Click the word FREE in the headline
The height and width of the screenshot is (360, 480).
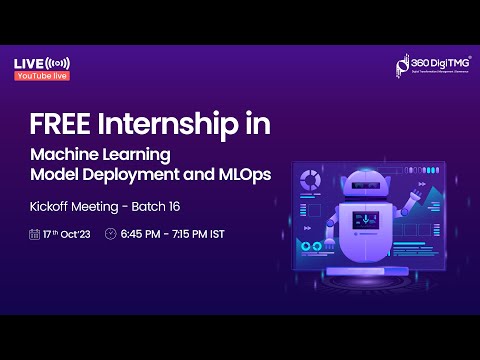click(57, 125)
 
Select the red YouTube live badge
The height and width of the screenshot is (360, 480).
click(41, 75)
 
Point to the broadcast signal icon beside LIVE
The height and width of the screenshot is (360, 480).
click(59, 63)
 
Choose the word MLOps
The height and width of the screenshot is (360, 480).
click(241, 174)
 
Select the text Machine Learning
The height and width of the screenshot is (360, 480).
click(101, 155)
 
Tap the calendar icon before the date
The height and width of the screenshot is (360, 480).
click(35, 234)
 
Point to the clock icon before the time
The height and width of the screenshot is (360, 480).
click(111, 234)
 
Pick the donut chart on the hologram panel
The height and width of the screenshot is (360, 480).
click(311, 180)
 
